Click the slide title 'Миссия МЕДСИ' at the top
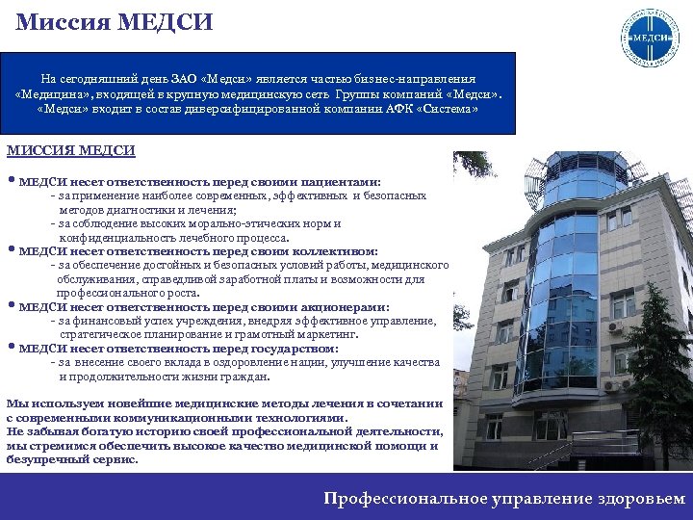(115, 20)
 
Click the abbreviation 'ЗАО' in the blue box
(184, 78)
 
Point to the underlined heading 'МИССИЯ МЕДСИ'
(70, 151)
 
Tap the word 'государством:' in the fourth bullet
(295, 349)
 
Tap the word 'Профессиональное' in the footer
(398, 498)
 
